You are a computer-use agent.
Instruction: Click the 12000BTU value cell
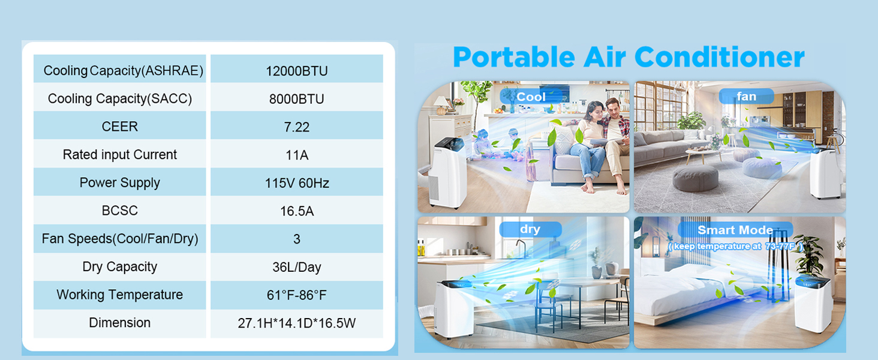click(x=297, y=71)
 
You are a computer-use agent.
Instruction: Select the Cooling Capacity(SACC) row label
click(x=120, y=98)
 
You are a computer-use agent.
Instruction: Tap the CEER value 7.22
click(x=297, y=127)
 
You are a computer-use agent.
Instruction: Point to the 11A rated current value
click(x=297, y=155)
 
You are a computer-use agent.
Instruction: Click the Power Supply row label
click(x=120, y=183)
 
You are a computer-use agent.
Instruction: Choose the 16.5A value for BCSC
click(x=297, y=211)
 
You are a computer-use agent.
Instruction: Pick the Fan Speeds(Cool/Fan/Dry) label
click(x=120, y=239)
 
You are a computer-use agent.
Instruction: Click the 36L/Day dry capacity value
click(x=297, y=267)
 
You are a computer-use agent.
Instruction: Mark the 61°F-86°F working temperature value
click(x=297, y=295)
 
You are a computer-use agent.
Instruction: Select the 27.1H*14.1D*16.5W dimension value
click(x=297, y=323)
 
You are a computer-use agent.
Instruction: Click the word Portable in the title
click(x=514, y=58)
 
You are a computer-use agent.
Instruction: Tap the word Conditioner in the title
click(x=719, y=58)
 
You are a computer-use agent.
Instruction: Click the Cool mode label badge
click(x=531, y=97)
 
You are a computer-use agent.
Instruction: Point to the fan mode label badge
click(x=746, y=96)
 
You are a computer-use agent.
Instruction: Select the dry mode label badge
click(x=530, y=229)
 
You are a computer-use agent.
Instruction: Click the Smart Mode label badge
click(x=735, y=230)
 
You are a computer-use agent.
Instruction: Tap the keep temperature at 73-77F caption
click(x=736, y=246)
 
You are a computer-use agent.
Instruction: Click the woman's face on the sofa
click(x=596, y=112)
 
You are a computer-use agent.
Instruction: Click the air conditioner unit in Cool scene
click(x=447, y=173)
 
